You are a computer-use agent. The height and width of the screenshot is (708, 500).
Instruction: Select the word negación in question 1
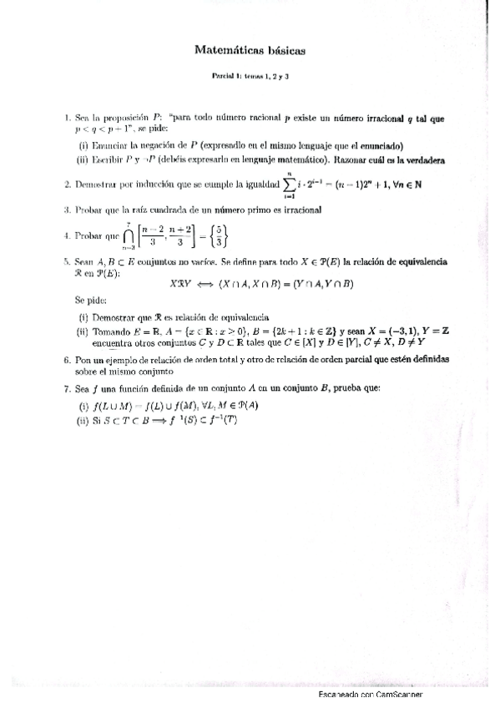coord(139,144)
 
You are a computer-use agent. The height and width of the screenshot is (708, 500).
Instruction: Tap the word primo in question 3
coord(249,210)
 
